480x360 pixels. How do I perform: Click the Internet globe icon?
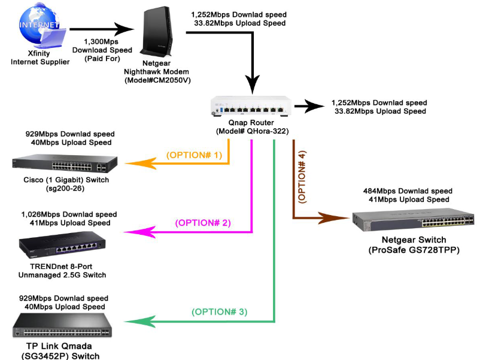[40, 29]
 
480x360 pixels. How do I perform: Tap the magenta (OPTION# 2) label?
[203, 223]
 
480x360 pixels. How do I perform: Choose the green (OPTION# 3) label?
[220, 312]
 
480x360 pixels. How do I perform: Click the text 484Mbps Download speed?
[408, 191]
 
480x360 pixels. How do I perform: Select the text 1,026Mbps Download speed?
[69, 214]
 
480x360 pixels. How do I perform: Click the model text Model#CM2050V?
[161, 80]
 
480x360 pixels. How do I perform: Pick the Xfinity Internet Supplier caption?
[40, 58]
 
